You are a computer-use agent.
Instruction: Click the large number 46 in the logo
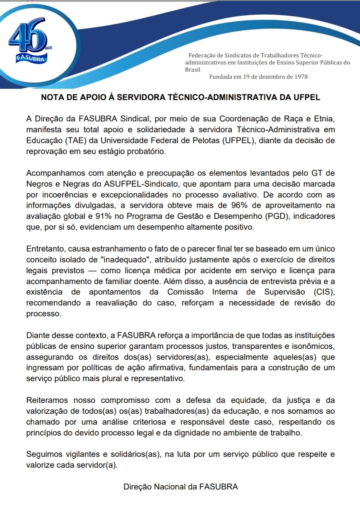28,35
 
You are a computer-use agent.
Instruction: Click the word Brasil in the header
192,70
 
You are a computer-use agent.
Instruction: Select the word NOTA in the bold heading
52,97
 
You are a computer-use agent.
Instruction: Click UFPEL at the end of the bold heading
307,97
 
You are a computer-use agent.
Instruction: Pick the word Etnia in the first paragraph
324,119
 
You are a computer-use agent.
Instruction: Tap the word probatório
146,152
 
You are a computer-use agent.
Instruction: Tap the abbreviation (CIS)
324,292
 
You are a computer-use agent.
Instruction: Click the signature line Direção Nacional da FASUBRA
180,487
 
